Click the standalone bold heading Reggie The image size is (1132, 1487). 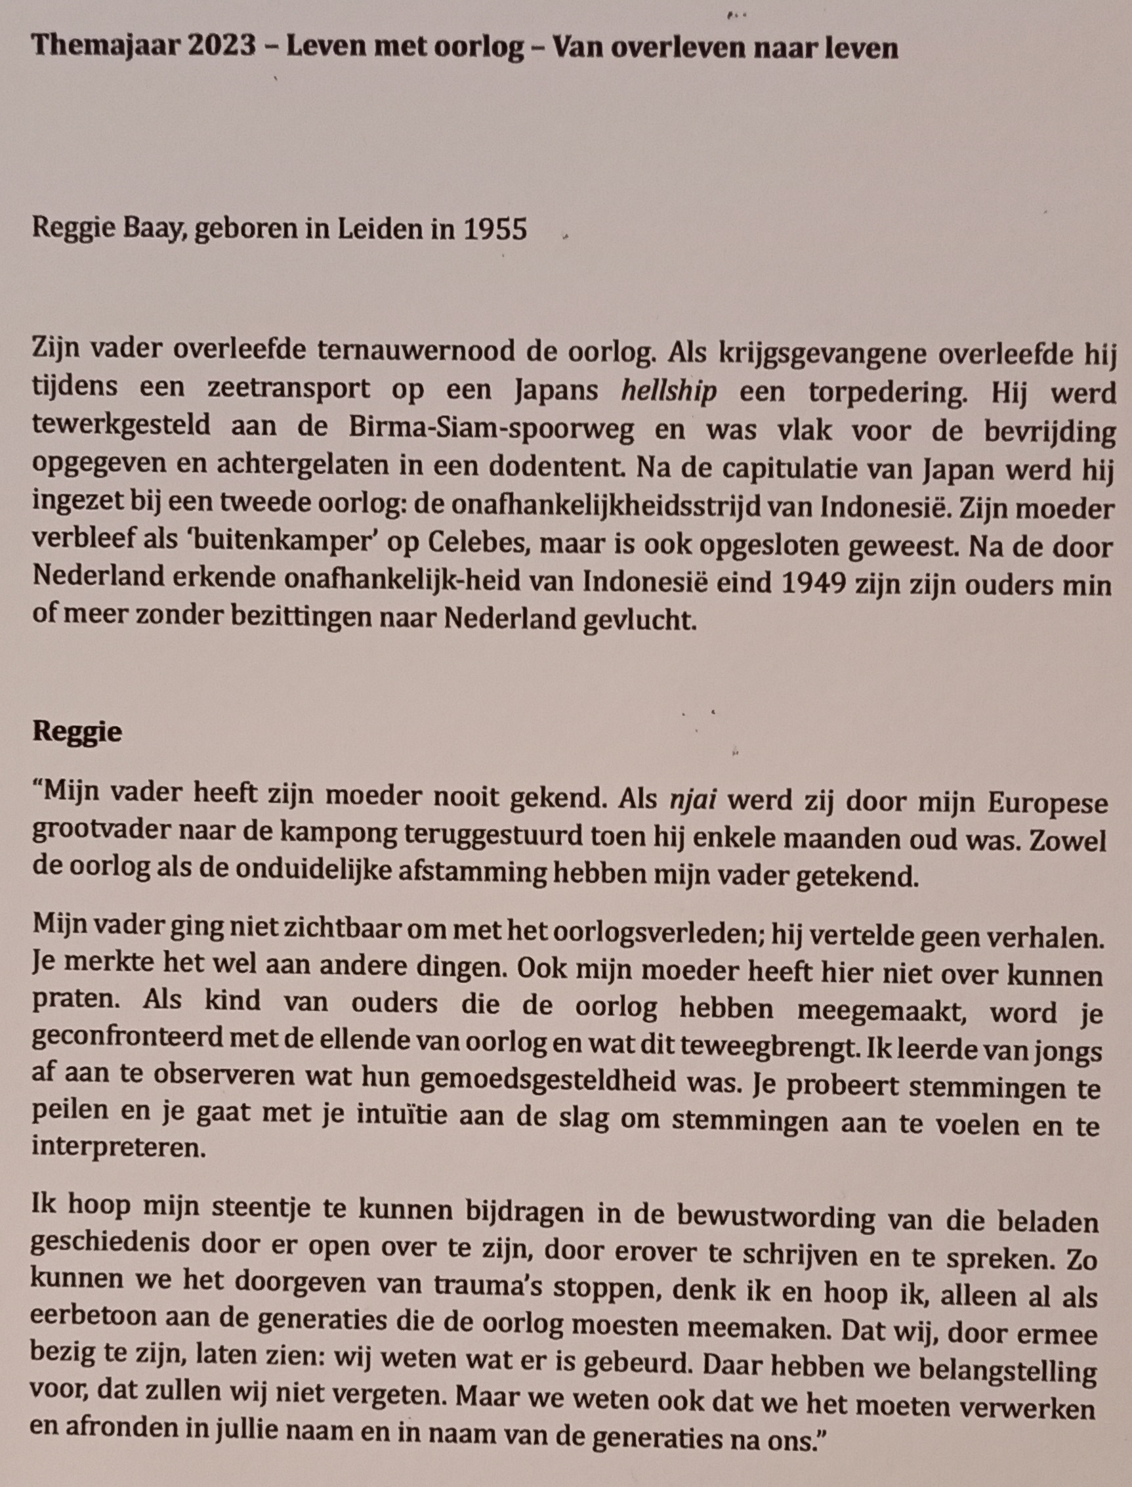[77, 731]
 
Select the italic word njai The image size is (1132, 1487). [692, 800]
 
